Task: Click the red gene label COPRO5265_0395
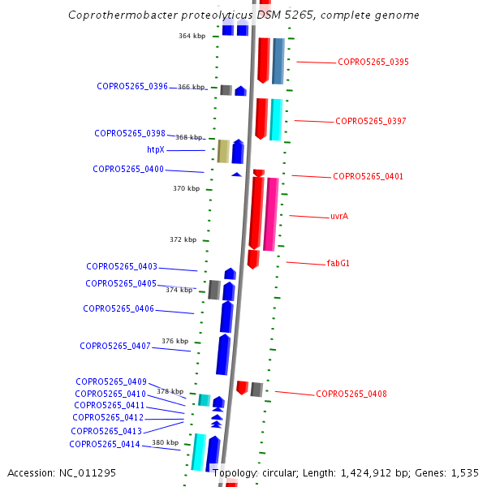click(x=373, y=62)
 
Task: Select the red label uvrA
click(x=339, y=217)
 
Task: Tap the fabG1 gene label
click(x=338, y=263)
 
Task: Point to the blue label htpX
click(x=156, y=149)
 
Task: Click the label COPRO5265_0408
click(x=351, y=394)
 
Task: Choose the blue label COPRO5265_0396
click(x=132, y=86)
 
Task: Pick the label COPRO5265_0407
click(x=115, y=346)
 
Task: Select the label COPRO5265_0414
click(x=105, y=444)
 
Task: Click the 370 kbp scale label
click(x=186, y=188)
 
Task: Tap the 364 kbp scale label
click(x=192, y=36)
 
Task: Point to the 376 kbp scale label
click(x=175, y=341)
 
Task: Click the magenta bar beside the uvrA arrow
click(x=271, y=213)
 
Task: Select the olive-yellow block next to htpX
click(x=223, y=151)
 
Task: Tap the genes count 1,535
click(x=464, y=472)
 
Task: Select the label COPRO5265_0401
click(x=368, y=176)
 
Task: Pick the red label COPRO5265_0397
click(x=371, y=121)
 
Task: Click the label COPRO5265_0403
click(x=122, y=266)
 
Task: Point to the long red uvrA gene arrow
click(x=256, y=213)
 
